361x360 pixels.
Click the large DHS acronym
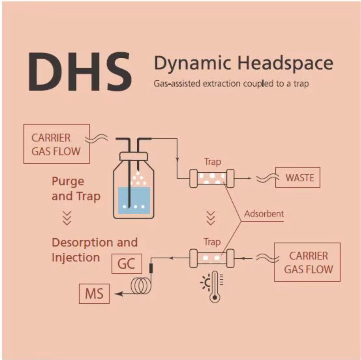(x=80, y=72)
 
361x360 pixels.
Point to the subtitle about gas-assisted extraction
(x=231, y=84)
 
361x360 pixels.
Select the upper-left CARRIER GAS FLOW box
(x=56, y=144)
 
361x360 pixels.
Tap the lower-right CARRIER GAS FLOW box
(x=307, y=262)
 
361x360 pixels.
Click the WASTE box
(x=298, y=177)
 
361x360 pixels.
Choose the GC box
(x=127, y=264)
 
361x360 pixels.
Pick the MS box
(x=94, y=293)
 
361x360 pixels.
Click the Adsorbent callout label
(x=264, y=214)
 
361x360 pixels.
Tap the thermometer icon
(x=215, y=287)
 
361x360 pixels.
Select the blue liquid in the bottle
(x=134, y=200)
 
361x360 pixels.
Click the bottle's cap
(x=134, y=156)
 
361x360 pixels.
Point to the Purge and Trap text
(x=76, y=189)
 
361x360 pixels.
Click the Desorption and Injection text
(x=95, y=250)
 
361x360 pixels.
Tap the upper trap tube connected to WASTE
(x=212, y=178)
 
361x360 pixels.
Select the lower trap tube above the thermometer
(x=212, y=258)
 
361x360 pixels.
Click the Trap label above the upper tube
(x=213, y=162)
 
